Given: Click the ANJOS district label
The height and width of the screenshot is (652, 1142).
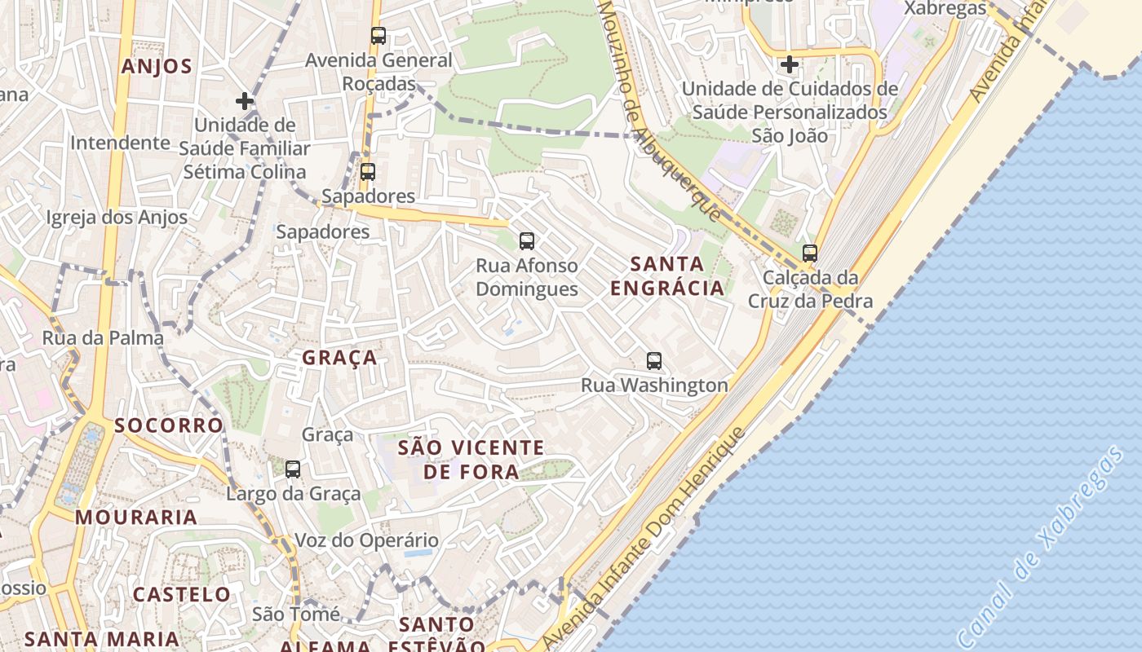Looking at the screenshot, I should point(157,67).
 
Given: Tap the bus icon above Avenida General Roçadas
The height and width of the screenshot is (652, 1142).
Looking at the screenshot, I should point(378,36).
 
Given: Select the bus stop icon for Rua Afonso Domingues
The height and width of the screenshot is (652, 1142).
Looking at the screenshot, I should point(527,241).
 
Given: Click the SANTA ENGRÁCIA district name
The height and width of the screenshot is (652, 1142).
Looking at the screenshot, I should point(667,275).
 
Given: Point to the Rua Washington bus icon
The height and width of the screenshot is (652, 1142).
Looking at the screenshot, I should point(653,361).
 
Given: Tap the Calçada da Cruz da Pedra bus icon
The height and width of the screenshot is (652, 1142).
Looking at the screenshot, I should point(809,253).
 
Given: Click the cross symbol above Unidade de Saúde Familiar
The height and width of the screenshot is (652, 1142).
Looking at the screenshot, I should point(244,101).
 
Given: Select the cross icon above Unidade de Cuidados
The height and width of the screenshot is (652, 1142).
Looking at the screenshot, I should point(789,64).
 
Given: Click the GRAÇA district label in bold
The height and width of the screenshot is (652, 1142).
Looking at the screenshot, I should point(339,358).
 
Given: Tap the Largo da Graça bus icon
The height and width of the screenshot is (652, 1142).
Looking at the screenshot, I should point(293,469).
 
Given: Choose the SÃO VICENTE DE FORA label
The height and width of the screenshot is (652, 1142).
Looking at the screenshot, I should point(471,459).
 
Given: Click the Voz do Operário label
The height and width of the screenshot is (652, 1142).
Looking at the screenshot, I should point(366,540).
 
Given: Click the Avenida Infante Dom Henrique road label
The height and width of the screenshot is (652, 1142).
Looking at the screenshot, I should point(644,538).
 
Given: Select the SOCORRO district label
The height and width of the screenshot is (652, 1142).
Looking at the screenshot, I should point(168,425).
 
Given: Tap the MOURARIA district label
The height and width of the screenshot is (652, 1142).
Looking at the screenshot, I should point(136,517).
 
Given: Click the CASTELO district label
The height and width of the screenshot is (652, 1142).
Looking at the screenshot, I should point(181,594).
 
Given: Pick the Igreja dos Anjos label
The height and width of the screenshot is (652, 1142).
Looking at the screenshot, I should point(117,218).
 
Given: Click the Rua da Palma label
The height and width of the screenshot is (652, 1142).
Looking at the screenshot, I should point(103,337).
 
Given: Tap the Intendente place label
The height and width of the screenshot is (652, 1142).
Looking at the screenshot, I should point(120,143).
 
